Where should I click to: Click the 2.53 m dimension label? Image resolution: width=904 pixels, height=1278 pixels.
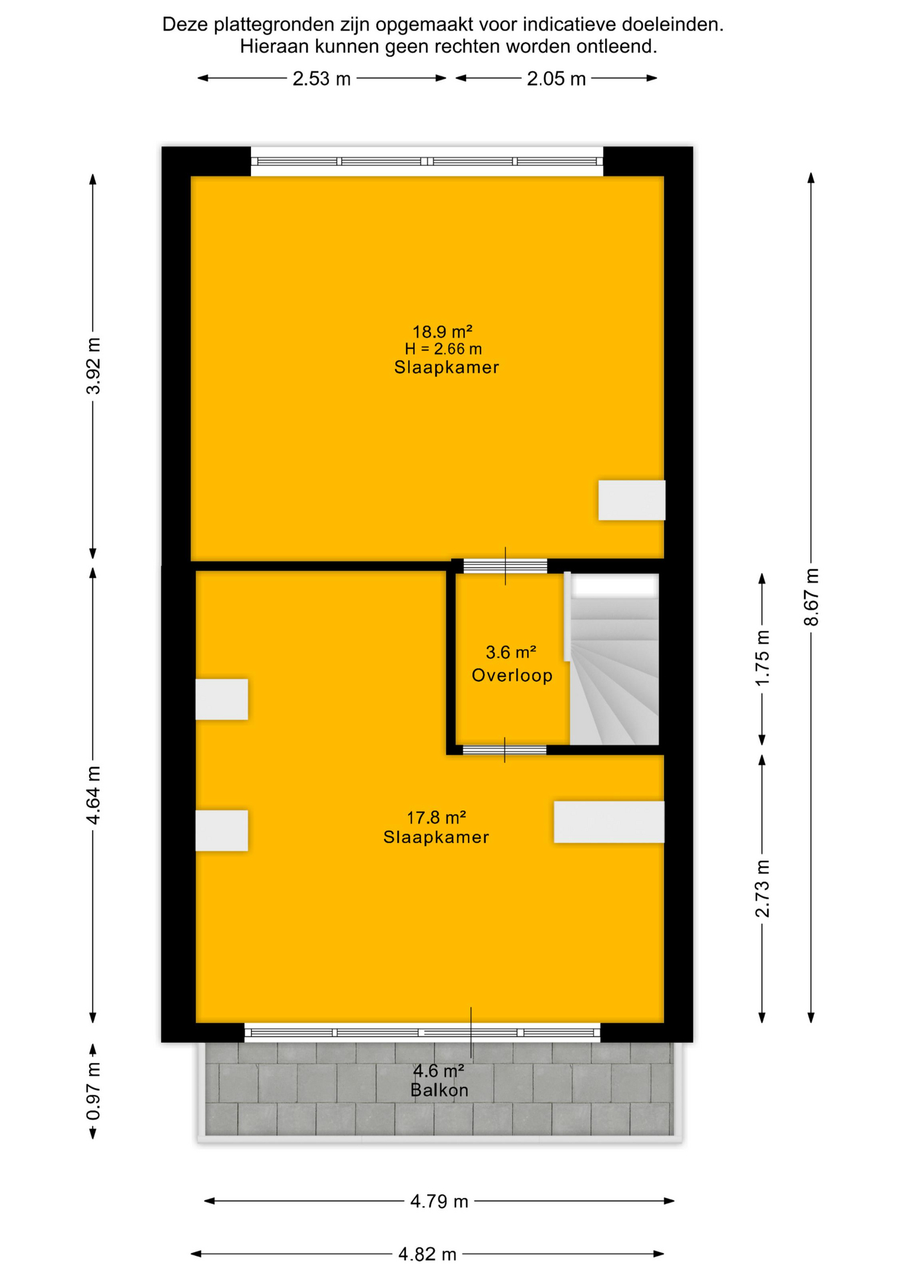point(322,79)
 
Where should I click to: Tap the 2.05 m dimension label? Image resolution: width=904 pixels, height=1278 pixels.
point(557,79)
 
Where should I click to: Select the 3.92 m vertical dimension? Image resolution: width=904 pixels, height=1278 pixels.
point(93,366)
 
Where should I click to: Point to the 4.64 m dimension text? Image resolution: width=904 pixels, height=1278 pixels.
point(93,795)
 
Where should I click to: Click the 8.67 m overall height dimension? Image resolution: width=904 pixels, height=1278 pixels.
point(811,597)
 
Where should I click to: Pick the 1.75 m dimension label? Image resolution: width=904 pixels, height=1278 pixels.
point(762,658)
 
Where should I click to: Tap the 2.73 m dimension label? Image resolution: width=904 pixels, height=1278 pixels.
point(762,888)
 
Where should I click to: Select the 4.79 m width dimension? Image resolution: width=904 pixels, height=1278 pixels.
point(439,1201)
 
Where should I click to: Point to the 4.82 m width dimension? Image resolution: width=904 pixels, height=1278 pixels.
point(427,1255)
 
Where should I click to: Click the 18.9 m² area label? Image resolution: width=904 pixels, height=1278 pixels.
point(443,331)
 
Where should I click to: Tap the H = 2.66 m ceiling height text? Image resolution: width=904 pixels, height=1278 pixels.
point(443,349)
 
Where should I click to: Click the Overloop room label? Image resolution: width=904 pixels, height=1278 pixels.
point(512,676)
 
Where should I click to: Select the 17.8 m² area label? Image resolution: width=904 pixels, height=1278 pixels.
point(436,817)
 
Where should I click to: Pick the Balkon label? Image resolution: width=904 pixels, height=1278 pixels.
point(439,1090)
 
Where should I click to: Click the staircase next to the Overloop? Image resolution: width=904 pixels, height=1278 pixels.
point(614,660)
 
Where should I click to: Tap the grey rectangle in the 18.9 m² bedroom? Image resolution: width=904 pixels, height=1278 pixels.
point(632,500)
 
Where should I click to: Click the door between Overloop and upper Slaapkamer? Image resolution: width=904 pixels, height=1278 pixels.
point(505,566)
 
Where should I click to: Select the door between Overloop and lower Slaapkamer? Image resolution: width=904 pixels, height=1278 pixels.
point(505,750)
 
